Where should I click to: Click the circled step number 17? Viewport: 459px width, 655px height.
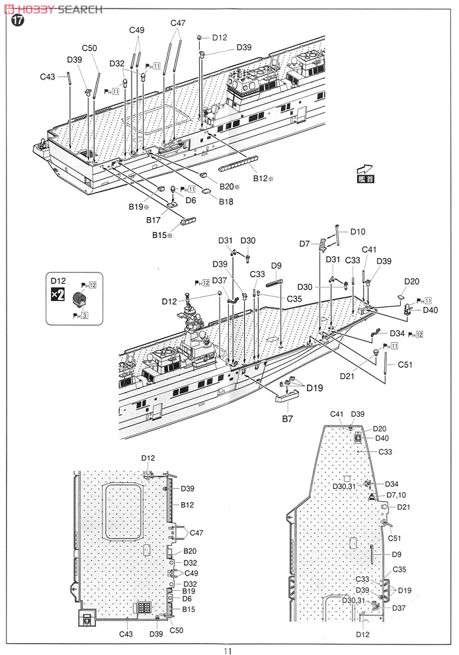click(x=16, y=21)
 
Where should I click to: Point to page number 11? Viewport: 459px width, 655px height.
click(x=229, y=648)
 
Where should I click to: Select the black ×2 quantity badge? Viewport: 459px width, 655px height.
click(x=58, y=295)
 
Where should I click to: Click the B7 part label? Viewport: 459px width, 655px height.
click(x=286, y=419)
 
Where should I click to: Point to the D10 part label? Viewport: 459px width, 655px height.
click(x=357, y=232)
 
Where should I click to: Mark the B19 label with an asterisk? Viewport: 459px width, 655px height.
click(x=139, y=206)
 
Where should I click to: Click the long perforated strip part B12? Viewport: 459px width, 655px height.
click(x=235, y=162)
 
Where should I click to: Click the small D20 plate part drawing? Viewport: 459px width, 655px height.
click(x=402, y=298)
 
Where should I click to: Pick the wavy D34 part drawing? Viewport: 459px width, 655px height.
click(x=376, y=331)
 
